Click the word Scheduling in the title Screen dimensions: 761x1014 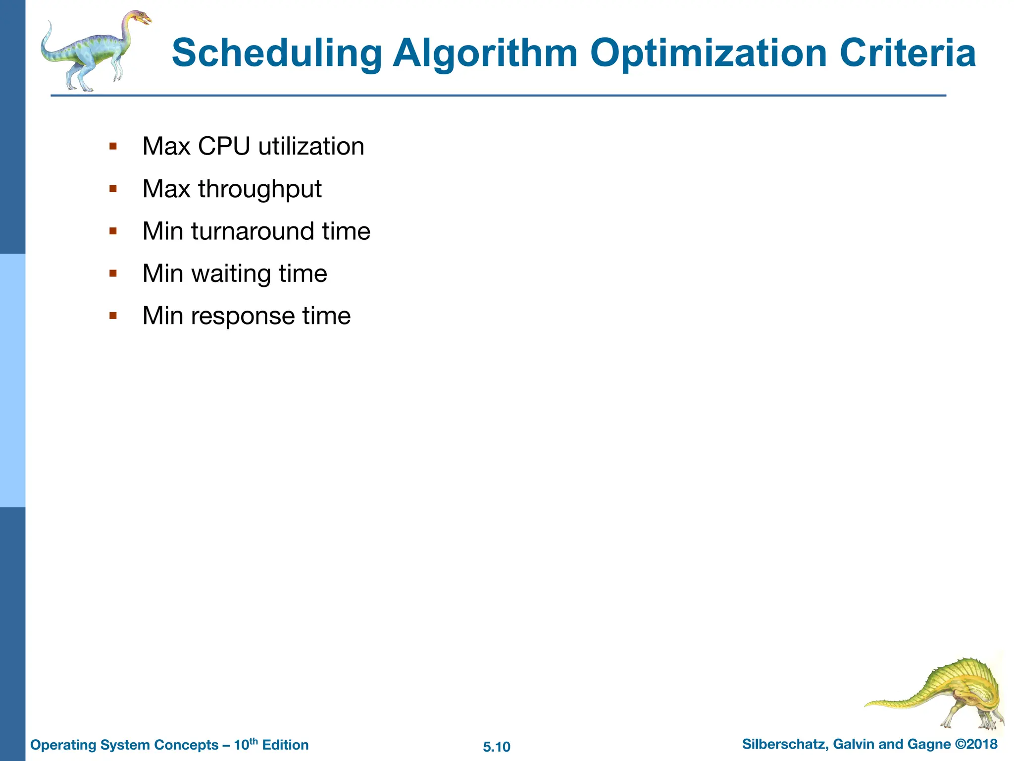pos(277,54)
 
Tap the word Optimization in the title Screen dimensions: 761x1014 pos(709,54)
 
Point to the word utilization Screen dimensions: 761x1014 pos(311,147)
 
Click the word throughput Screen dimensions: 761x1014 pos(260,190)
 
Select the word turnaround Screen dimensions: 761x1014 pos(253,231)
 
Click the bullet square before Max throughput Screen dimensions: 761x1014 pos(113,189)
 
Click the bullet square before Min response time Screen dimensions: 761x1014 pos(113,316)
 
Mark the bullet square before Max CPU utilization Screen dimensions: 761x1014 pos(113,146)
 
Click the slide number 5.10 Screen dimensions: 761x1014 pos(497,747)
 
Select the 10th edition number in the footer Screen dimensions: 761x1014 pos(246,744)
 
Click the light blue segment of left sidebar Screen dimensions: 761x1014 pos(12,380)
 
